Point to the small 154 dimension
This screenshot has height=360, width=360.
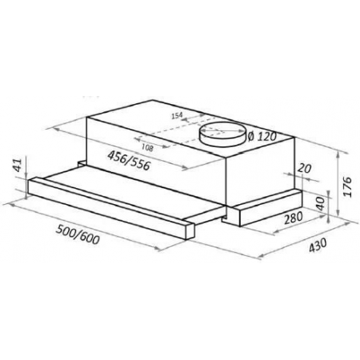click(178, 115)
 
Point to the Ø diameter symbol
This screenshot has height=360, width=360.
click(250, 136)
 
